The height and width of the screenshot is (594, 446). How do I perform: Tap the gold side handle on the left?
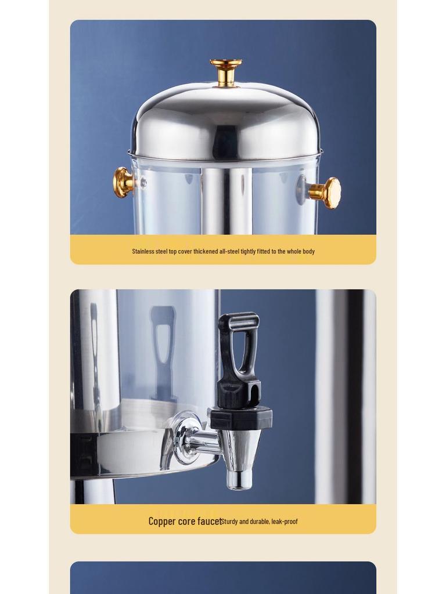click(123, 182)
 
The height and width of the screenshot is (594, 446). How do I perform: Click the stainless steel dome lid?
click(225, 122)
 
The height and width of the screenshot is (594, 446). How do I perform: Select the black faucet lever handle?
click(238, 354)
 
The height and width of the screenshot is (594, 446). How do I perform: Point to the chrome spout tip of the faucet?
click(239, 478)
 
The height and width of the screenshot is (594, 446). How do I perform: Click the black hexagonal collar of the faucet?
click(241, 418)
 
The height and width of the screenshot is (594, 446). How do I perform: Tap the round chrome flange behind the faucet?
click(184, 438)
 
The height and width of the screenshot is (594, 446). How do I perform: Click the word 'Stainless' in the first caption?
click(143, 251)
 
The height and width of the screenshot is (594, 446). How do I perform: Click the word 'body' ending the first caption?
click(308, 251)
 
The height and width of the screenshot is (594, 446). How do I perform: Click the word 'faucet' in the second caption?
click(209, 521)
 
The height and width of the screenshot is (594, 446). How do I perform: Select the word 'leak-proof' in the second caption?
click(285, 521)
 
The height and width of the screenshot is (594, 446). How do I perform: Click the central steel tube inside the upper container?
click(226, 200)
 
